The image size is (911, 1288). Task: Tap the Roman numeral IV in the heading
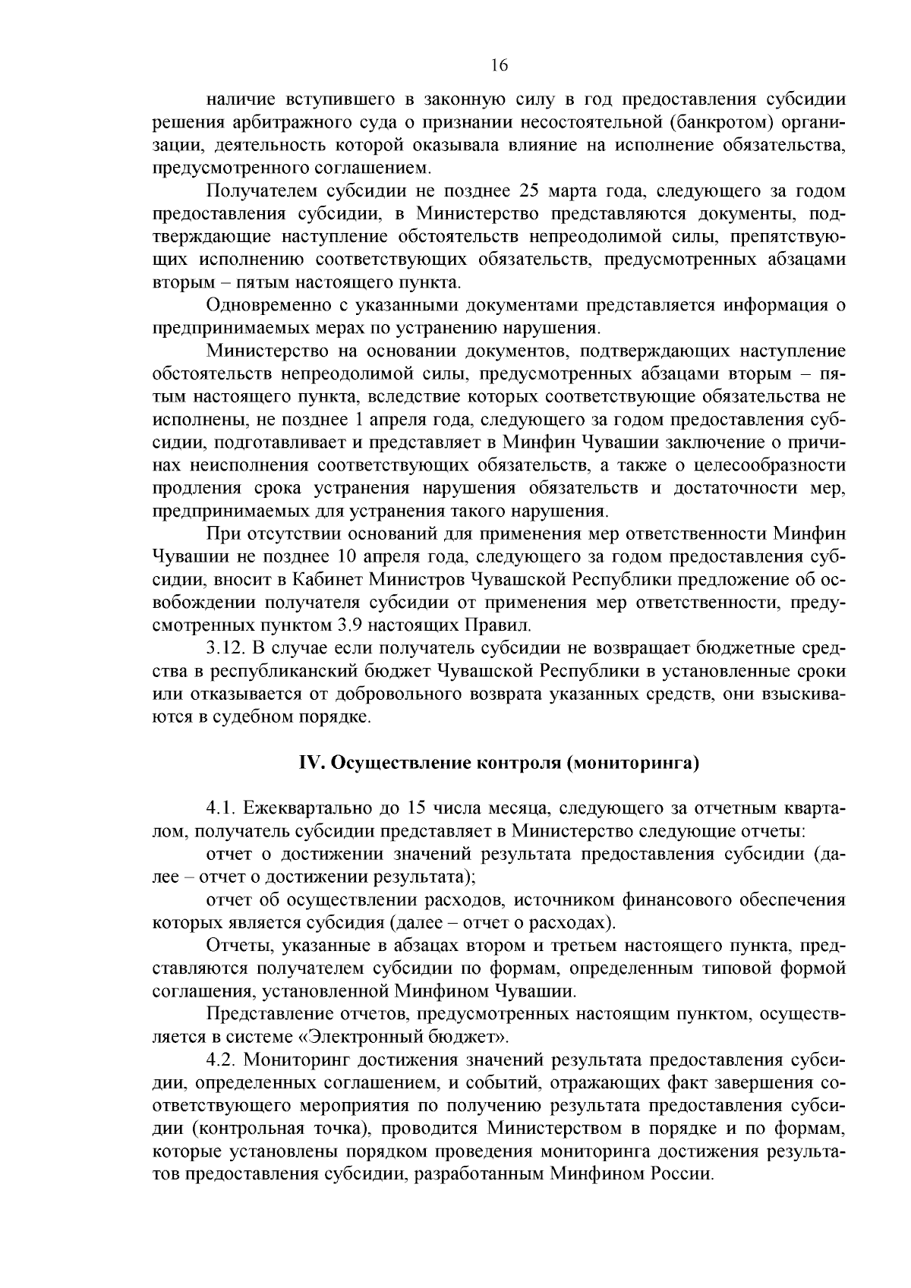pos(310,763)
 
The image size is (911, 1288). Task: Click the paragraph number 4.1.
pos(220,808)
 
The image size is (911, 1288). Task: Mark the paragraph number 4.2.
pos(221,1059)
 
